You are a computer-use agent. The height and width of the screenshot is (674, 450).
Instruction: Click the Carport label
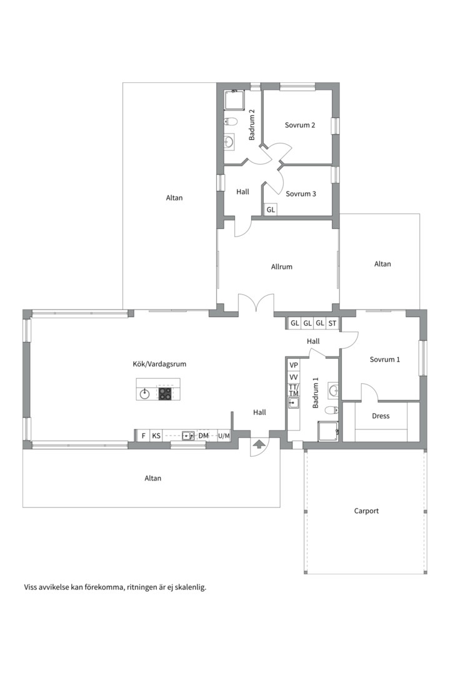(x=366, y=511)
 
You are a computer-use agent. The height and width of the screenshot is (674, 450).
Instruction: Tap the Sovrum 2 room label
(x=300, y=125)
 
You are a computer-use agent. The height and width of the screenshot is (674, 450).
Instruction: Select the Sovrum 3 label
(x=301, y=194)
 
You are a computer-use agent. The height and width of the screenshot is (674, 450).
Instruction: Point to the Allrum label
(x=282, y=267)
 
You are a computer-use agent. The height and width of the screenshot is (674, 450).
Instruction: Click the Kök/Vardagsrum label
(x=159, y=364)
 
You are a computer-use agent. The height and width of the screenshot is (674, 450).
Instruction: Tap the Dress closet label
(x=381, y=416)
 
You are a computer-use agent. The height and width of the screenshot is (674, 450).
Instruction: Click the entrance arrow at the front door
(x=258, y=444)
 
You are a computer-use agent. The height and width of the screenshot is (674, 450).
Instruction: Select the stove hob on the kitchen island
(x=165, y=393)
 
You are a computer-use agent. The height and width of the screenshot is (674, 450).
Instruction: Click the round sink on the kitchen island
(x=145, y=393)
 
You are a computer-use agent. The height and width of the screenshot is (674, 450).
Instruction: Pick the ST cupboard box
(x=332, y=323)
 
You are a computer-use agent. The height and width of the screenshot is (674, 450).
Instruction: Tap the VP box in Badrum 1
(x=294, y=365)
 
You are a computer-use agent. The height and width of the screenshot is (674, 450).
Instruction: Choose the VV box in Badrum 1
(x=294, y=378)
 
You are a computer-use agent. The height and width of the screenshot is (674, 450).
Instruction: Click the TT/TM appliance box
(x=294, y=390)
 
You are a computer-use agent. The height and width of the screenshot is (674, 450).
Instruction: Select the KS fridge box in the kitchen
(x=156, y=436)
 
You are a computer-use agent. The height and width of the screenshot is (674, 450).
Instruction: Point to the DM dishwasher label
(x=203, y=436)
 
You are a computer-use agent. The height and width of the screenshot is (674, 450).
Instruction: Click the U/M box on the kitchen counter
(x=224, y=436)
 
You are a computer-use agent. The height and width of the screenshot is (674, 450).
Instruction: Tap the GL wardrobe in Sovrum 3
(x=271, y=210)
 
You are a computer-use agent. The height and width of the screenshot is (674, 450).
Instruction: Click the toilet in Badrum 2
(x=231, y=122)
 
